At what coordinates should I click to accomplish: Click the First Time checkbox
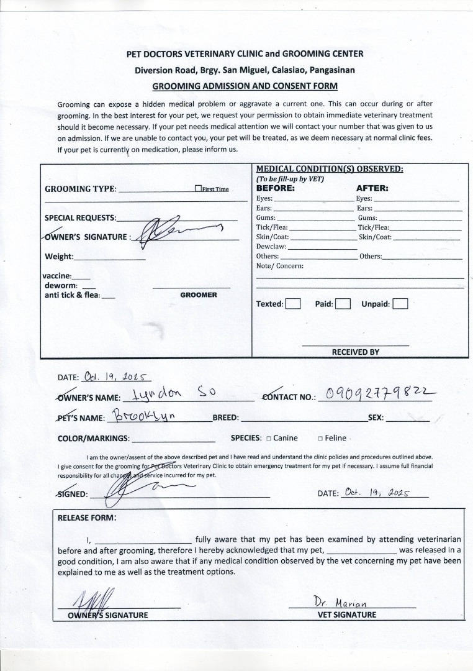[x=197, y=189]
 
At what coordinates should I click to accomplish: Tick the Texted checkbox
[x=294, y=304]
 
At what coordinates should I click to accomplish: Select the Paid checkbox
[x=343, y=304]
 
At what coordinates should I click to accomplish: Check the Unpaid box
[x=400, y=304]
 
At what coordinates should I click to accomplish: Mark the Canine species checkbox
[x=269, y=438]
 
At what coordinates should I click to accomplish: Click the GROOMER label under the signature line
[x=199, y=294]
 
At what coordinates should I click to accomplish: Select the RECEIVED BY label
[x=355, y=352]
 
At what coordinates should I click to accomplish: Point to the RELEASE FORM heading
[x=86, y=517]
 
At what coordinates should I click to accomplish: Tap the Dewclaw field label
[x=271, y=247]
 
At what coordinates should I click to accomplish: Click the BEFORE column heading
[x=275, y=188]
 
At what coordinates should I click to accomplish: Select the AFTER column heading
[x=372, y=188]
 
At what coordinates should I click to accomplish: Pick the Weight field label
[x=59, y=257]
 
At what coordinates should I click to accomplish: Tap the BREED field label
[x=225, y=418]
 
